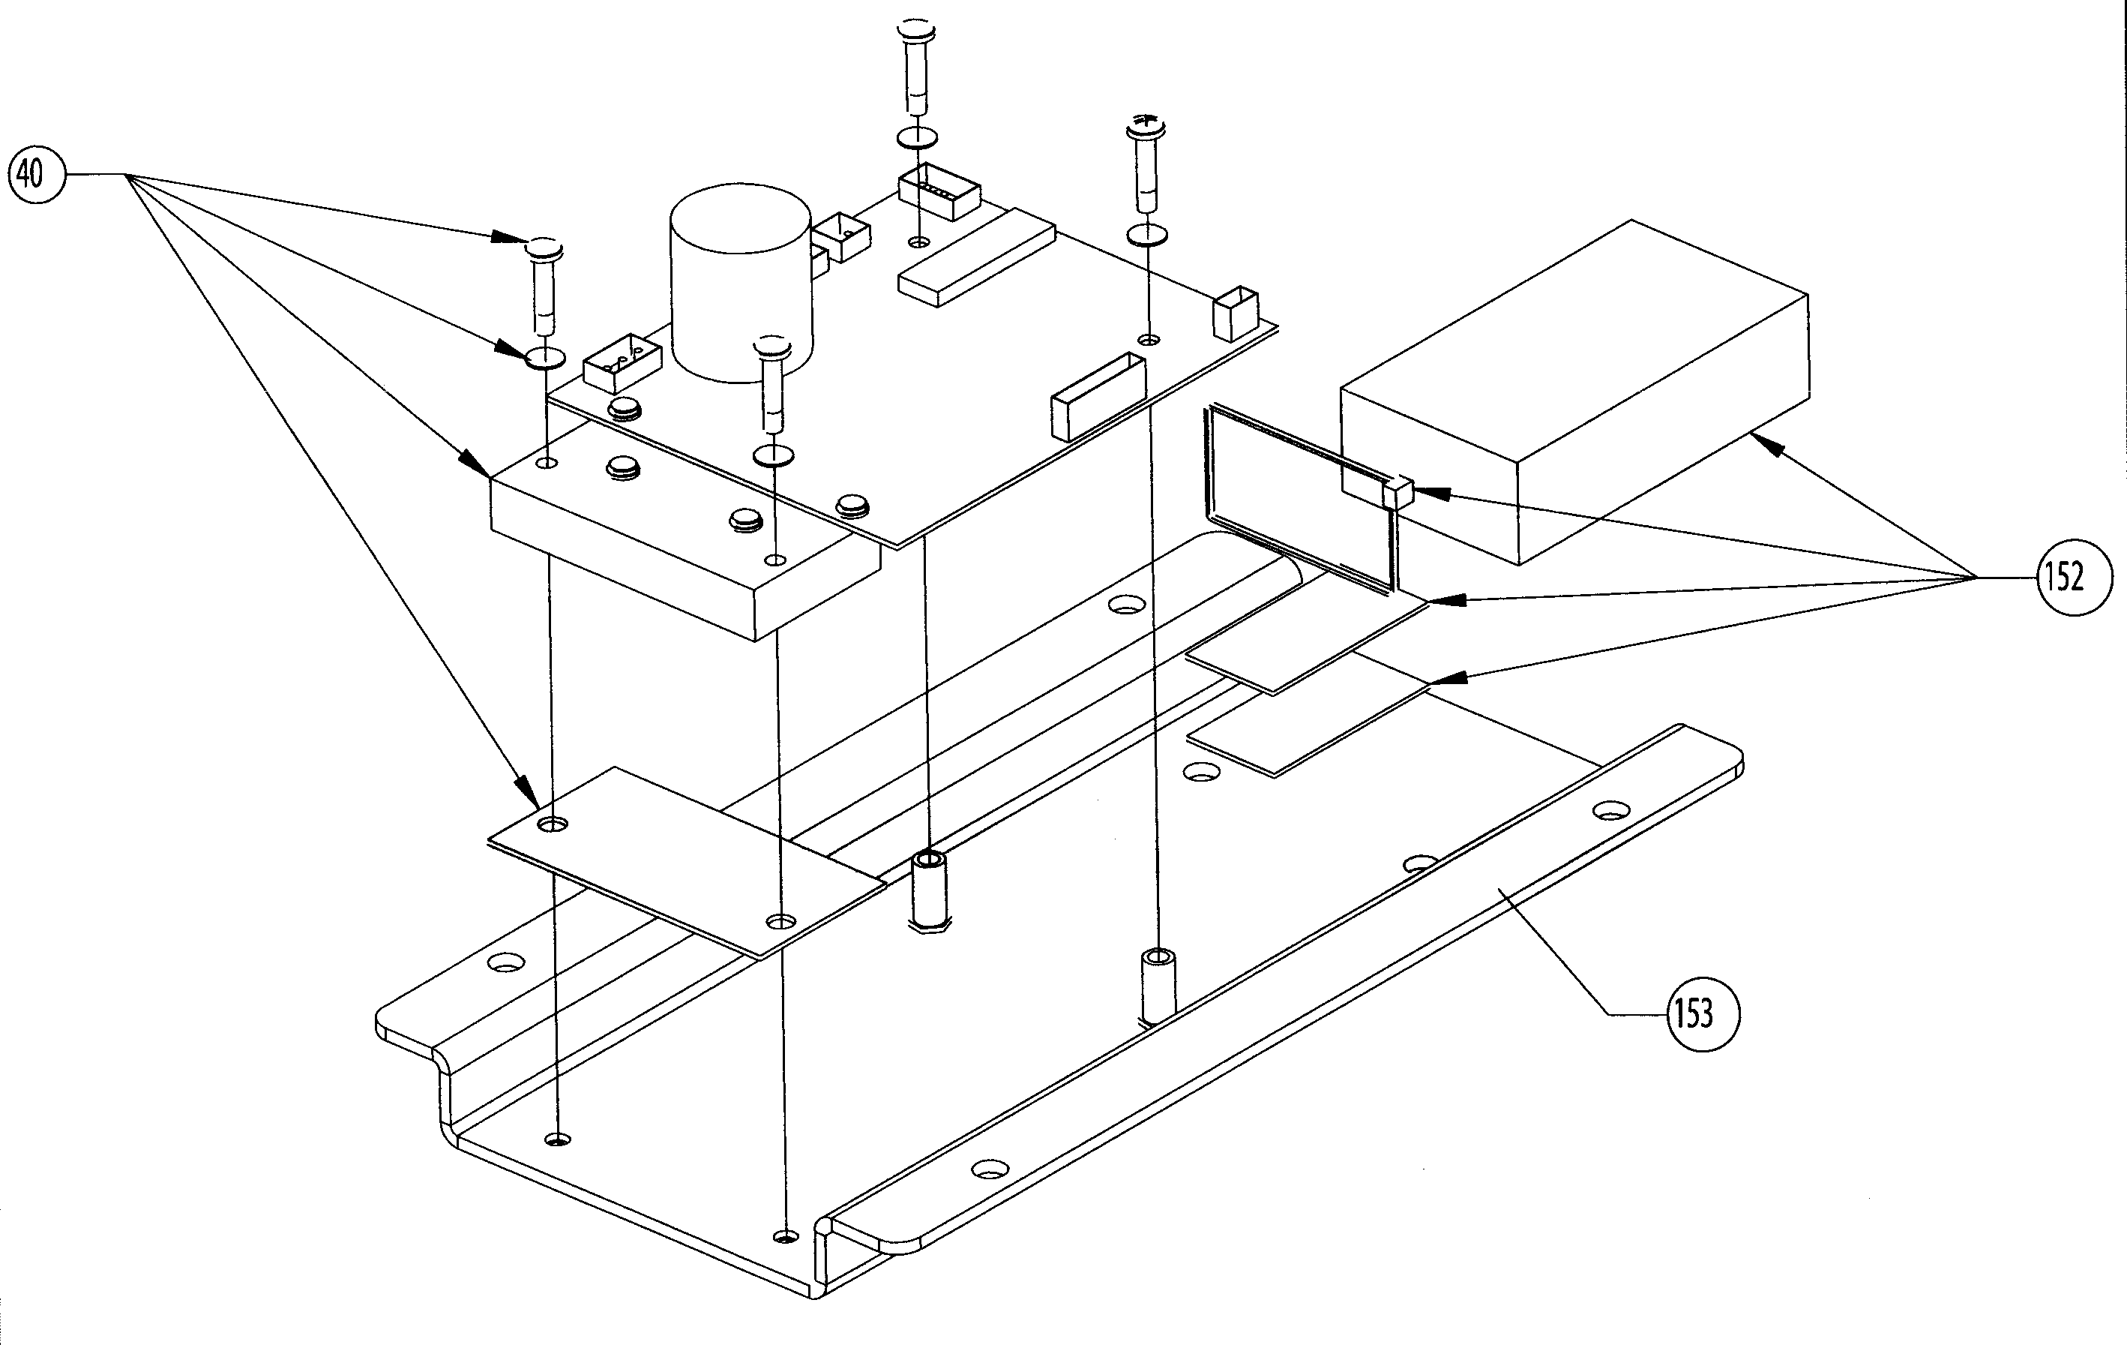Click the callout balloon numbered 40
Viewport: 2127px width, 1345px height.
(x=35, y=175)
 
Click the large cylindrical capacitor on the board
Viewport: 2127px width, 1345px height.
(x=740, y=283)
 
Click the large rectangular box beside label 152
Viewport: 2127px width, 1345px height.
(x=1572, y=389)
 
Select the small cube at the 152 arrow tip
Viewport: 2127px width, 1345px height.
(x=1399, y=491)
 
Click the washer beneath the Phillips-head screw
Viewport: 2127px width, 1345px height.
(x=1146, y=235)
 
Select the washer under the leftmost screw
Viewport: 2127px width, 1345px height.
(x=544, y=358)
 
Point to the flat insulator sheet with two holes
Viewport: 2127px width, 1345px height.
(x=685, y=862)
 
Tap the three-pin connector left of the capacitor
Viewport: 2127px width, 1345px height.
(x=622, y=362)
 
